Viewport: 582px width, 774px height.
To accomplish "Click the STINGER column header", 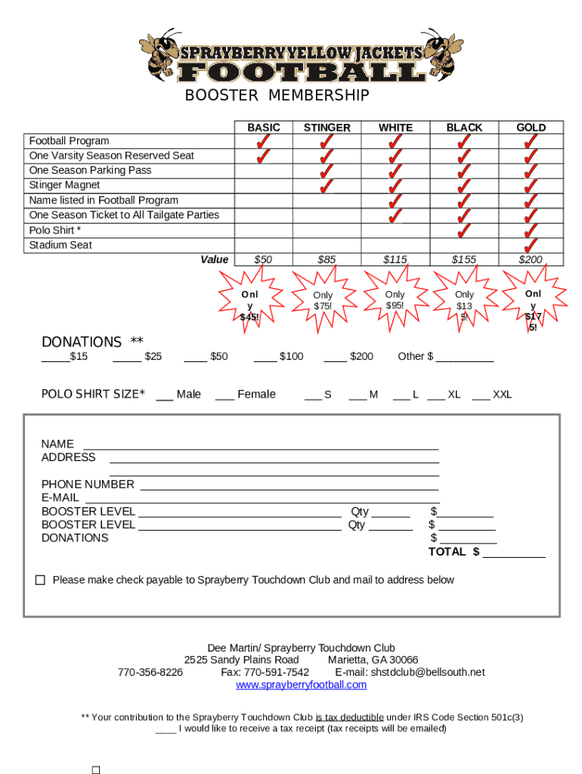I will pyautogui.click(x=327, y=128).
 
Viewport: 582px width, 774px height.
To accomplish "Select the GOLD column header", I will pyautogui.click(x=531, y=128).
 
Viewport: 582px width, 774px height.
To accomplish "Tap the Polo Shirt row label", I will pyautogui.click(x=54, y=230).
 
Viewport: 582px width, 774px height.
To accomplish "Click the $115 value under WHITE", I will pyautogui.click(x=395, y=259).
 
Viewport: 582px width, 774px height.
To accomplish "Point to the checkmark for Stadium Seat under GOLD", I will pyautogui.click(x=531, y=245).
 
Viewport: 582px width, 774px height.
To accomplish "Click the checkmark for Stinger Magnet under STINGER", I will pyautogui.click(x=327, y=185).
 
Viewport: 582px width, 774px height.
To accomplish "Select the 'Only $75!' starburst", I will pyautogui.click(x=323, y=301).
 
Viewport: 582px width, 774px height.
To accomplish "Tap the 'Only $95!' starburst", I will pyautogui.click(x=395, y=300).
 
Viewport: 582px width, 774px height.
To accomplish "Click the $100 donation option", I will pyautogui.click(x=279, y=356).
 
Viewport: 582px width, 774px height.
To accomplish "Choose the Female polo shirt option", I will pyautogui.click(x=246, y=394).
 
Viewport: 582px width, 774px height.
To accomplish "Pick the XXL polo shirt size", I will pyautogui.click(x=492, y=394).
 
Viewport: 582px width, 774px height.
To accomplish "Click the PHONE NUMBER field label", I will pyautogui.click(x=88, y=484).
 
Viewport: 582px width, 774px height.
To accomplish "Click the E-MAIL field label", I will pyautogui.click(x=60, y=497).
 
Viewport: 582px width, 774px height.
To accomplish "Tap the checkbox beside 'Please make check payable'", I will pyautogui.click(x=40, y=580).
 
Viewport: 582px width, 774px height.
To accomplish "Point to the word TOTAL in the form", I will pyautogui.click(x=447, y=552).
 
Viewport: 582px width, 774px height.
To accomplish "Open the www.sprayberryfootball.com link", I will pyautogui.click(x=301, y=685).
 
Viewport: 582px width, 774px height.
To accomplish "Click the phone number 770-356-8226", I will pyautogui.click(x=150, y=672).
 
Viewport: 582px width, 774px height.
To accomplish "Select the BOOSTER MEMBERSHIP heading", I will pyautogui.click(x=277, y=95).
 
